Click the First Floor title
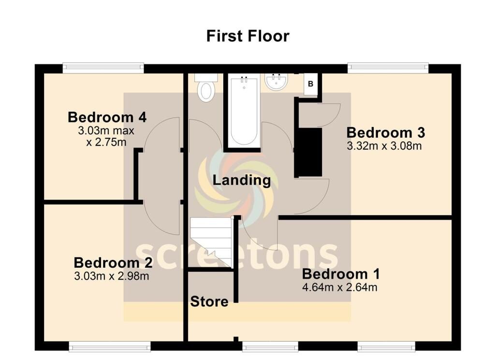point(247,36)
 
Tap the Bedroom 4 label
point(107,117)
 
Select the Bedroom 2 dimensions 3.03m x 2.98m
point(111,276)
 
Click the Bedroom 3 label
point(385,132)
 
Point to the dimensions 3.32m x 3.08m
point(384,145)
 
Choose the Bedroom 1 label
point(340,274)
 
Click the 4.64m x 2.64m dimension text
point(339,288)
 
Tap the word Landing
point(242,180)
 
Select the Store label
point(209,302)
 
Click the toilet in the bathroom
point(206,88)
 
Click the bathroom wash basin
point(277,81)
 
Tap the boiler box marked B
point(311,84)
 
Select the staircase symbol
point(211,241)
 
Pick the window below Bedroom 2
point(109,346)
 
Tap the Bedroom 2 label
point(113,263)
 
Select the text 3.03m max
point(106,130)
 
